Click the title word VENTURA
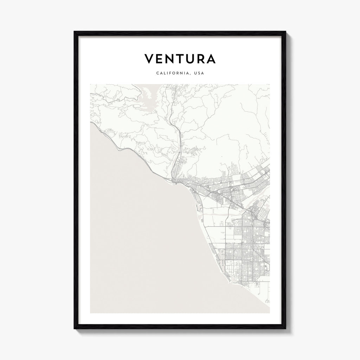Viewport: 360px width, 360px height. (x=180, y=59)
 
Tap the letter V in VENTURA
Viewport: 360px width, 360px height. (x=149, y=59)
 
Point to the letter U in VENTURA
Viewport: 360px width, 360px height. (x=190, y=59)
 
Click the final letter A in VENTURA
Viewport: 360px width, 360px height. (x=211, y=59)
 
